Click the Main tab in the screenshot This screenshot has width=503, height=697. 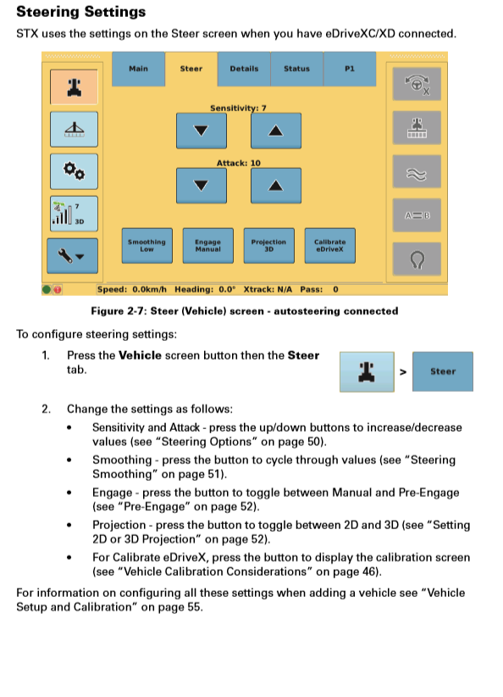pos(138,69)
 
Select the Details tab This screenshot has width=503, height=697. pos(244,69)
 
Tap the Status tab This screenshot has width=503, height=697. pos(296,69)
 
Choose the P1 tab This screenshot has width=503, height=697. pos(349,69)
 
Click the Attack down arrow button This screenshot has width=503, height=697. pos(201,185)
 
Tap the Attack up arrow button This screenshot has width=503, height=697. pos(274,185)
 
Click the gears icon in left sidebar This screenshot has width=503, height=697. pos(74,170)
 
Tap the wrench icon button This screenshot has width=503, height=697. pos(74,254)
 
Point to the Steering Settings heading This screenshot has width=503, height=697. pos(81,12)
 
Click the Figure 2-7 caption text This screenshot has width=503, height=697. pos(244,311)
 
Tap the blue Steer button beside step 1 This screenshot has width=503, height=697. pos(442,371)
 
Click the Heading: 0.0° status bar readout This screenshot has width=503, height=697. pos(206,289)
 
